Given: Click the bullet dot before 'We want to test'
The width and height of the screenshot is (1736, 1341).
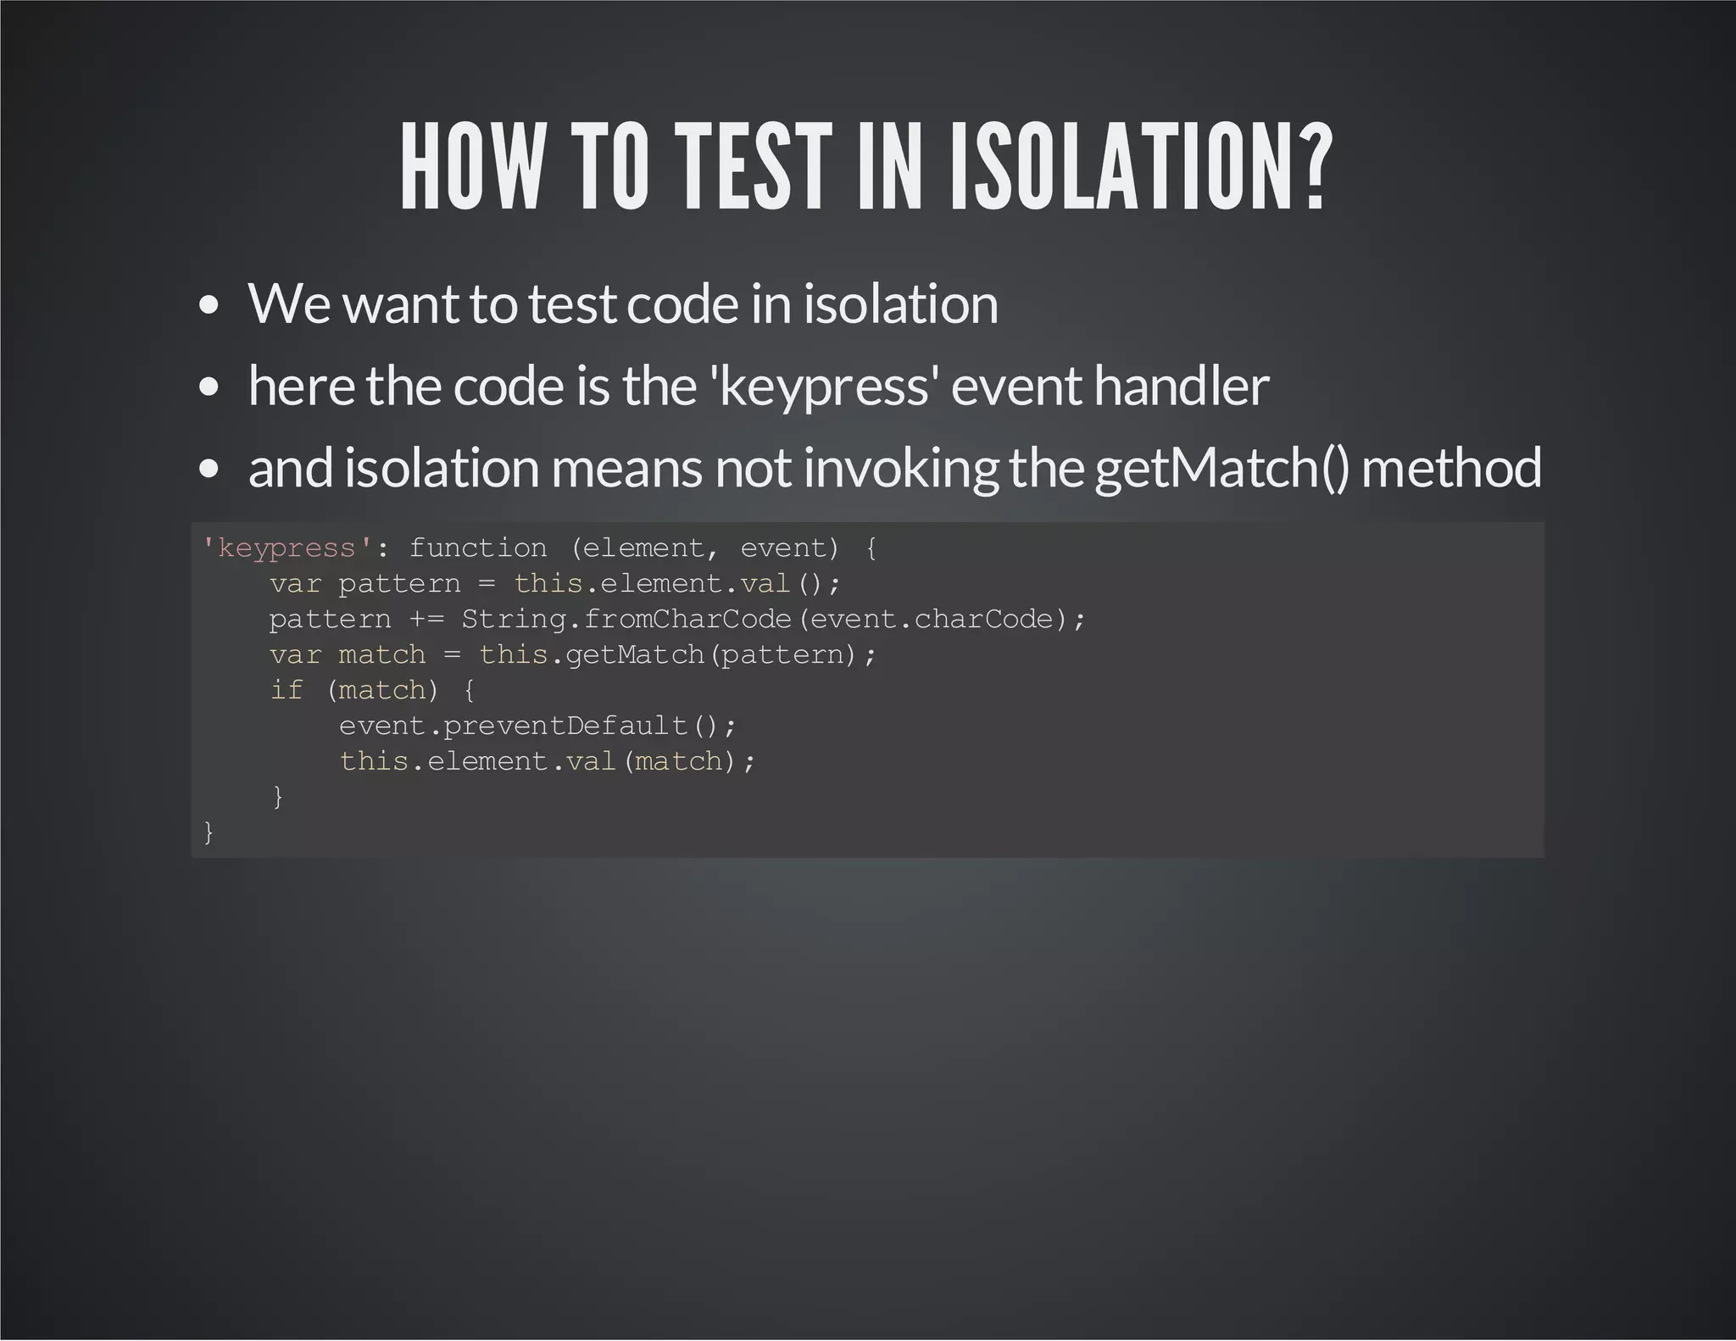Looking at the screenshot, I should [209, 306].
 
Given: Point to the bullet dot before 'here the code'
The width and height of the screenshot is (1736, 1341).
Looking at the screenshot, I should [209, 387].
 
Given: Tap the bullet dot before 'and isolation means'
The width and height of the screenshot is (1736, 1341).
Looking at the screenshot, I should [209, 469].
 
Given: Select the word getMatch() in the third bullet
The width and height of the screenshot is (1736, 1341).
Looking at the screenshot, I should [1221, 469].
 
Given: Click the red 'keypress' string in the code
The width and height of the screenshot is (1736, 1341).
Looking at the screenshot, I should [287, 548].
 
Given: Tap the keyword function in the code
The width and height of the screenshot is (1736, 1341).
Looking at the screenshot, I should [478, 548].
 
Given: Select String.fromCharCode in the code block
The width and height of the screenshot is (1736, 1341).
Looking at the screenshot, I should [626, 620].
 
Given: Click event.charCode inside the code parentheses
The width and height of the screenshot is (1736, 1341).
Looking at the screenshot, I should [932, 620].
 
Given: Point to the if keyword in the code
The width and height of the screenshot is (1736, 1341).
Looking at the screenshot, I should [287, 691].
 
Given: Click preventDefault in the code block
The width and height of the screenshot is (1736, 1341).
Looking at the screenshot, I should [565, 726].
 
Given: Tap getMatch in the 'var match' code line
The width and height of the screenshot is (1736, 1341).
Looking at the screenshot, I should [634, 655].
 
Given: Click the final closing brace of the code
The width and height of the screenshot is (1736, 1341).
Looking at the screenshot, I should [209, 832].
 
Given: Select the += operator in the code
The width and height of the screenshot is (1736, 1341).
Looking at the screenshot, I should [426, 620].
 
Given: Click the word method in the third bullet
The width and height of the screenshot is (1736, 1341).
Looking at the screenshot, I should [1450, 469].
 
